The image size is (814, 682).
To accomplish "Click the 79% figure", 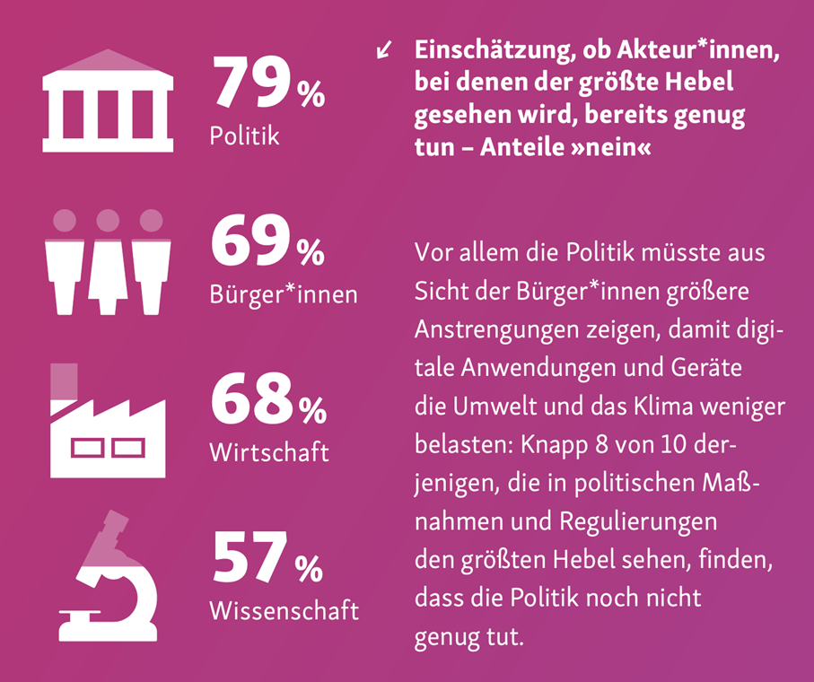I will pyautogui.click(x=267, y=84).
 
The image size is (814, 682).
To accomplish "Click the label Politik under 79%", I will pyautogui.click(x=244, y=136).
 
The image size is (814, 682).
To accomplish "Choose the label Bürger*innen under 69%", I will pyautogui.click(x=283, y=295).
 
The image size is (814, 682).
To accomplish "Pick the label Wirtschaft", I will pyautogui.click(x=268, y=451).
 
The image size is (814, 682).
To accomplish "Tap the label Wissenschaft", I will pyautogui.click(x=284, y=610).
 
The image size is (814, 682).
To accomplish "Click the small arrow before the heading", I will pyautogui.click(x=385, y=50).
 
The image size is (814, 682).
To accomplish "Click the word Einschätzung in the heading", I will pyautogui.click(x=490, y=52).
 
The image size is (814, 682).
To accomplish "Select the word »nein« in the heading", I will pyautogui.click(x=608, y=149).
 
